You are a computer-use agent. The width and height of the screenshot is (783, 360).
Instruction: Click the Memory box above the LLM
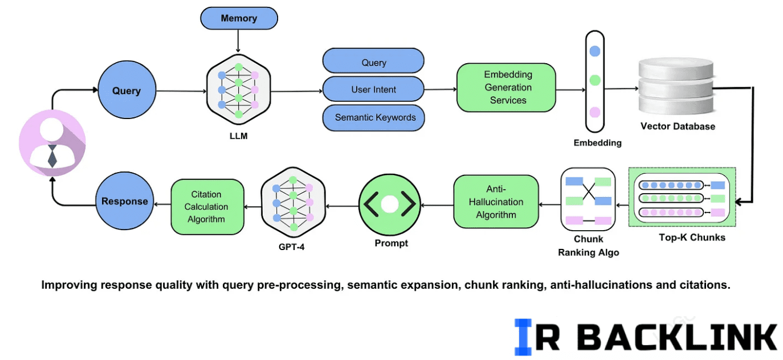[x=239, y=18]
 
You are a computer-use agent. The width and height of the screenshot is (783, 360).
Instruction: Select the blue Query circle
[x=126, y=91]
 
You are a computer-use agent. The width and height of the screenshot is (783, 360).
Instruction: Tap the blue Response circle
[x=124, y=201]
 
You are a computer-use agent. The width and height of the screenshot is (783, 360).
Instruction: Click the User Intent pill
[x=373, y=89]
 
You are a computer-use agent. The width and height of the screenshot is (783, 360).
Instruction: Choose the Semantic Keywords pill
[x=374, y=117]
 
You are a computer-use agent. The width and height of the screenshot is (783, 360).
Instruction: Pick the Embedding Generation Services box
[x=506, y=87]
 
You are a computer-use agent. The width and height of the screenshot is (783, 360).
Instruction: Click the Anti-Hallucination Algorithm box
[x=496, y=201]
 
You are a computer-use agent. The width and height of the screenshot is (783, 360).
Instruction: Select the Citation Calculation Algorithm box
[x=207, y=207]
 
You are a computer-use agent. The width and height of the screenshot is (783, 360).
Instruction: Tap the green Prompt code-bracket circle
[x=390, y=204]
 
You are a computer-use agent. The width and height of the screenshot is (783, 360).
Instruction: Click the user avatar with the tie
[x=52, y=144]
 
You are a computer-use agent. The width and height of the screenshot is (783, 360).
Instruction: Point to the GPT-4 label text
[x=292, y=247]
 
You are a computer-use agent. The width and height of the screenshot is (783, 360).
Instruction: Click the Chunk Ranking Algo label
[x=588, y=246]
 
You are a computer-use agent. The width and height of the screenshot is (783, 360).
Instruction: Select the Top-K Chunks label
[x=692, y=238]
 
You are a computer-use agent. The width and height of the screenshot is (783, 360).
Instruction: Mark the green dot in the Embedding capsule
[x=594, y=80]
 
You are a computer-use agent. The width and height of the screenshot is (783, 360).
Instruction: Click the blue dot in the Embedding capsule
[x=594, y=51]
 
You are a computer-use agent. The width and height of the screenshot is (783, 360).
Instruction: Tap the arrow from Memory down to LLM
[x=238, y=41]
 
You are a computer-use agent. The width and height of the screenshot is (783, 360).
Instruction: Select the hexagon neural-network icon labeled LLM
[x=238, y=91]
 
